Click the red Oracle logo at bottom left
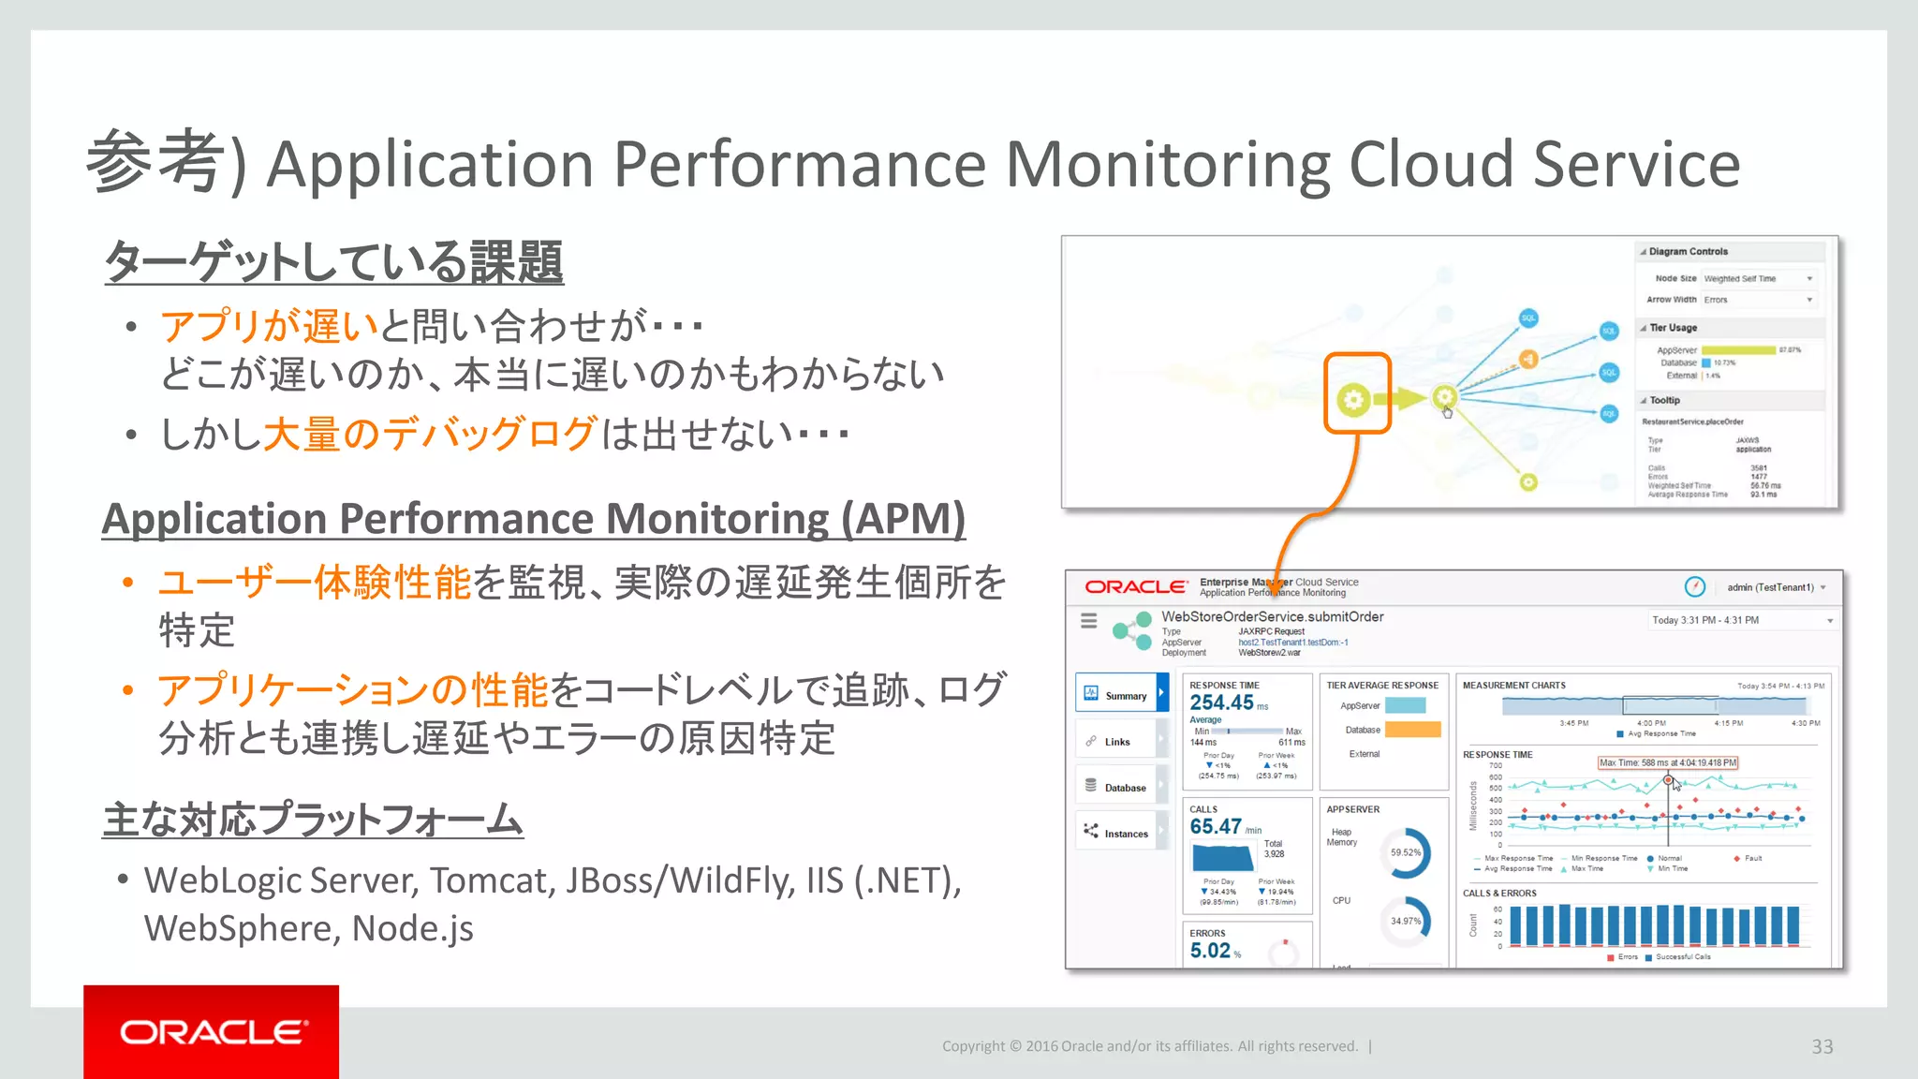212,1032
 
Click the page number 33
1822,1046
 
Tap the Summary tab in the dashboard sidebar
1121,695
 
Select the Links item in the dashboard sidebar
1116,741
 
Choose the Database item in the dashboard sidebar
1121,788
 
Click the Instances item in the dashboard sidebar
1121,834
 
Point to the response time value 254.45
1221,702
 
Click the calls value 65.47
1216,826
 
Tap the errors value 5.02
1210,950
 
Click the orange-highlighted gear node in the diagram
1354,399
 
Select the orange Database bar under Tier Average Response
1412,730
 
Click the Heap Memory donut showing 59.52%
1405,852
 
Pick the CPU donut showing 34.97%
1405,921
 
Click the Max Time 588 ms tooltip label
1667,762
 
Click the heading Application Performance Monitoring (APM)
533,519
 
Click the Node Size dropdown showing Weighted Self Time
1758,278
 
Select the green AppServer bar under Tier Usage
1738,350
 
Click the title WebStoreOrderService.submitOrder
1272,616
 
